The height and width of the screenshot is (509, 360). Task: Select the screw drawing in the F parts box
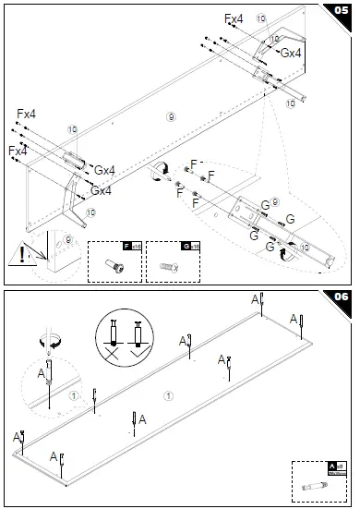114,265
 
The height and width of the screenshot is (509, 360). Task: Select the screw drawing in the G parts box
172,265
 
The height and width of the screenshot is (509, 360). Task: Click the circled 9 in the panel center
169,115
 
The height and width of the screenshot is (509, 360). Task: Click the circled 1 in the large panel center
167,396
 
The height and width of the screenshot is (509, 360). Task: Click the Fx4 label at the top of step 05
234,18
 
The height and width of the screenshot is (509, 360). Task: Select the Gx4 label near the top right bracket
291,54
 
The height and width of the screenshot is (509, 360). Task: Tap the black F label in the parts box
127,247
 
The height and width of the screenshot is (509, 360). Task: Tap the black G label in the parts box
186,247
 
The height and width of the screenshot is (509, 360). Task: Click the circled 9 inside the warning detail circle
68,240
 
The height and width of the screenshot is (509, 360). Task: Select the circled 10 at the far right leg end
291,104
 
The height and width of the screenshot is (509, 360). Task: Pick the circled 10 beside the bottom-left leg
90,212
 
